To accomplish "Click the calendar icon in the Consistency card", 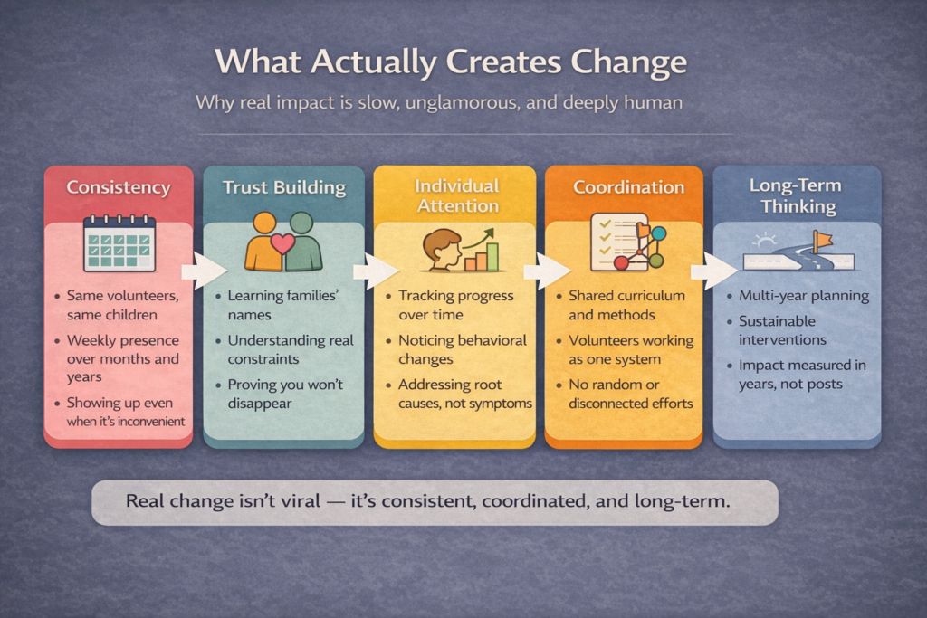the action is click(119, 242).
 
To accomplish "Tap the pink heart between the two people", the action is click(282, 242).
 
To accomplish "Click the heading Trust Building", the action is click(284, 187).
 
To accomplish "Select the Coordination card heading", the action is click(628, 187).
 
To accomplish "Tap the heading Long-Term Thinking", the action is click(796, 195).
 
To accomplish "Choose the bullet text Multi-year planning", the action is click(804, 295).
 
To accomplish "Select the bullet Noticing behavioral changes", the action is click(463, 349).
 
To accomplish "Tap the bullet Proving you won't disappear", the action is click(285, 394).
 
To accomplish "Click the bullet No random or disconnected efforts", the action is click(631, 394).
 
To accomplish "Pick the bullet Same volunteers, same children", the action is click(122, 305).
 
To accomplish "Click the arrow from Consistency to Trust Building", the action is click(205, 271).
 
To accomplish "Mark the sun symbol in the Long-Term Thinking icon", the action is click(764, 241).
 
